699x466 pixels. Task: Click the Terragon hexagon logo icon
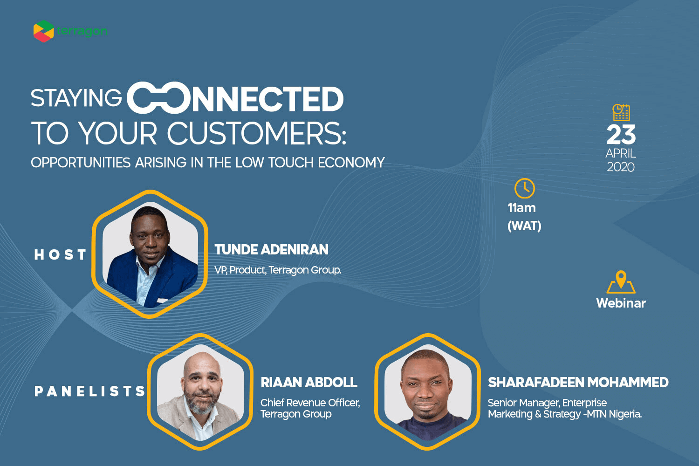point(43,31)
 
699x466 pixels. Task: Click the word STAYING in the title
point(76,98)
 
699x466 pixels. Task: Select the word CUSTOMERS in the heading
point(257,133)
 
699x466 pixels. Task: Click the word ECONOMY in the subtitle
point(351,162)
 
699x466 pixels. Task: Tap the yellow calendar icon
point(621,112)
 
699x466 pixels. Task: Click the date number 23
point(621,135)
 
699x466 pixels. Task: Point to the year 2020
point(621,167)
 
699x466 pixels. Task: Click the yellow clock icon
point(525,188)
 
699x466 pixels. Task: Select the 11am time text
point(521,208)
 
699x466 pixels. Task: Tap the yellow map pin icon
point(621,282)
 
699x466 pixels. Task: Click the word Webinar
point(621,303)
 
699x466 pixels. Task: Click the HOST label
point(60,255)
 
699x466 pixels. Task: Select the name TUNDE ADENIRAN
point(272,250)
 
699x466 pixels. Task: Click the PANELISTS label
point(89,391)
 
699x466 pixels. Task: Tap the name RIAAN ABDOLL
point(309,382)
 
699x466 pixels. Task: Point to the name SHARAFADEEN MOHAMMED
point(578,382)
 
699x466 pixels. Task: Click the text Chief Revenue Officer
point(310,403)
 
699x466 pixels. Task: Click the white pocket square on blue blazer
point(163,300)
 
